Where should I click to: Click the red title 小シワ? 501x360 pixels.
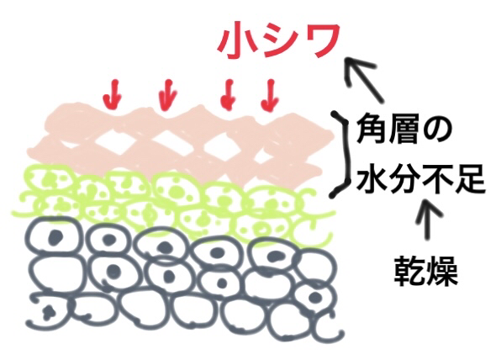click(x=278, y=40)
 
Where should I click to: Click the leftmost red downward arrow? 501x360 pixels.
click(x=113, y=94)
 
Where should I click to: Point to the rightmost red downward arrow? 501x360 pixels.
click(x=269, y=94)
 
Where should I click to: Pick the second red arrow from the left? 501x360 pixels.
click(x=168, y=95)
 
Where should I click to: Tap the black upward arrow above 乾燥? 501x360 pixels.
click(x=428, y=219)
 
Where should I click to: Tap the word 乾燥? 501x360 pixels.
click(x=425, y=271)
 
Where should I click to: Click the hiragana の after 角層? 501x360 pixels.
click(x=437, y=130)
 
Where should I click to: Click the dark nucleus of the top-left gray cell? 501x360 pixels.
click(x=56, y=237)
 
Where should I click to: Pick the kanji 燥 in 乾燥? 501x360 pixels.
click(x=443, y=271)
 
